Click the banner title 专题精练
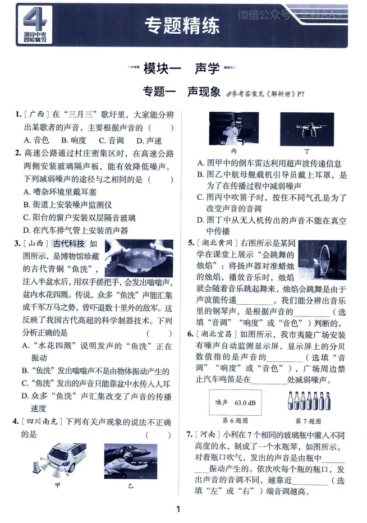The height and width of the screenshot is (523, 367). [182, 26]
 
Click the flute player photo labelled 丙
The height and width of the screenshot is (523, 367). [234, 129]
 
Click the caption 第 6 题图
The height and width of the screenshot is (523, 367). [235, 420]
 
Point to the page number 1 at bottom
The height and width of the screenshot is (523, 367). [178, 510]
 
